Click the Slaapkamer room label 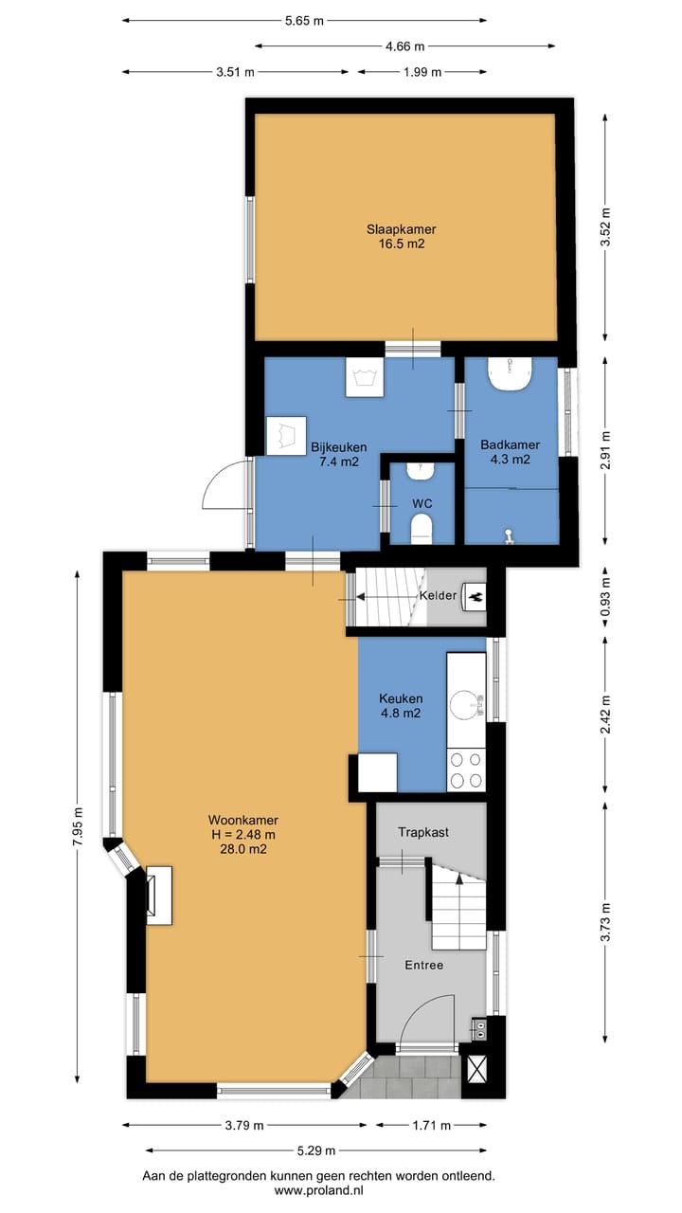[x=401, y=229]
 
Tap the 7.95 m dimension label [x=79, y=825]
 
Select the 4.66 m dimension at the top [x=404, y=46]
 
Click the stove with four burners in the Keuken [x=466, y=770]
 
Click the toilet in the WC [x=422, y=528]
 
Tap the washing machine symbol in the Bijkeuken [x=365, y=377]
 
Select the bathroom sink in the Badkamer [x=509, y=373]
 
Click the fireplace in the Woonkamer [x=158, y=896]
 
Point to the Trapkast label [x=423, y=832]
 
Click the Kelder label [x=438, y=596]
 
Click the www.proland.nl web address [x=318, y=1191]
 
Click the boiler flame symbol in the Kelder [x=476, y=597]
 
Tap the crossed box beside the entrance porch [x=475, y=1070]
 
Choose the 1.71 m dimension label [x=431, y=1126]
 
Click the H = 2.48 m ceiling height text [x=243, y=835]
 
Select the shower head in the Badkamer [x=509, y=536]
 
